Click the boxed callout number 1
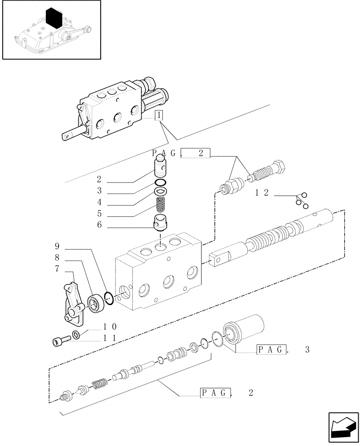pyautogui.click(x=159, y=115)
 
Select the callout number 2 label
pyautogui.click(x=99, y=179)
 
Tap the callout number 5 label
pyautogui.click(x=99, y=214)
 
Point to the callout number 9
pyautogui.click(x=57, y=246)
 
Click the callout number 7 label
pyautogui.click(x=57, y=268)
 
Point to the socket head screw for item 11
pyautogui.click(x=60, y=341)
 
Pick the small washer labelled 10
pyautogui.click(x=76, y=335)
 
